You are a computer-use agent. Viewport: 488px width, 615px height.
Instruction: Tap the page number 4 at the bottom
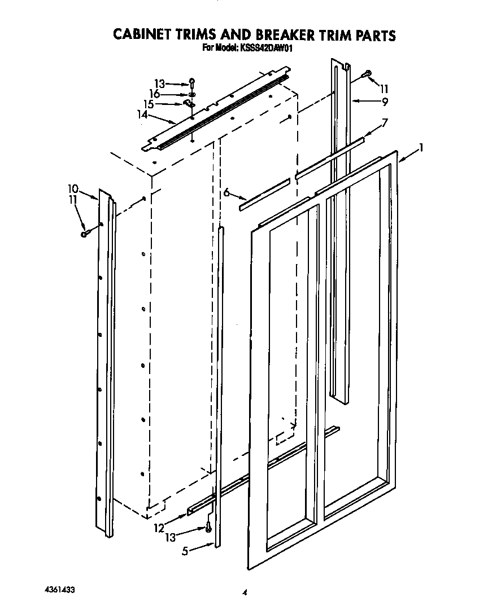point(245,592)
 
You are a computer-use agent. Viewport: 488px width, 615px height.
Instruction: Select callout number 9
point(385,102)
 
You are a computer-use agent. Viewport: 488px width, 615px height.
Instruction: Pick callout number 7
point(385,122)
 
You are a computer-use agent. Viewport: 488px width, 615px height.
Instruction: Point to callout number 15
point(149,104)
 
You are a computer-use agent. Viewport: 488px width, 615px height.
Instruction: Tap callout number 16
point(154,94)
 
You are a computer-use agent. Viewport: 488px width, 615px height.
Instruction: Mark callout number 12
point(159,529)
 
